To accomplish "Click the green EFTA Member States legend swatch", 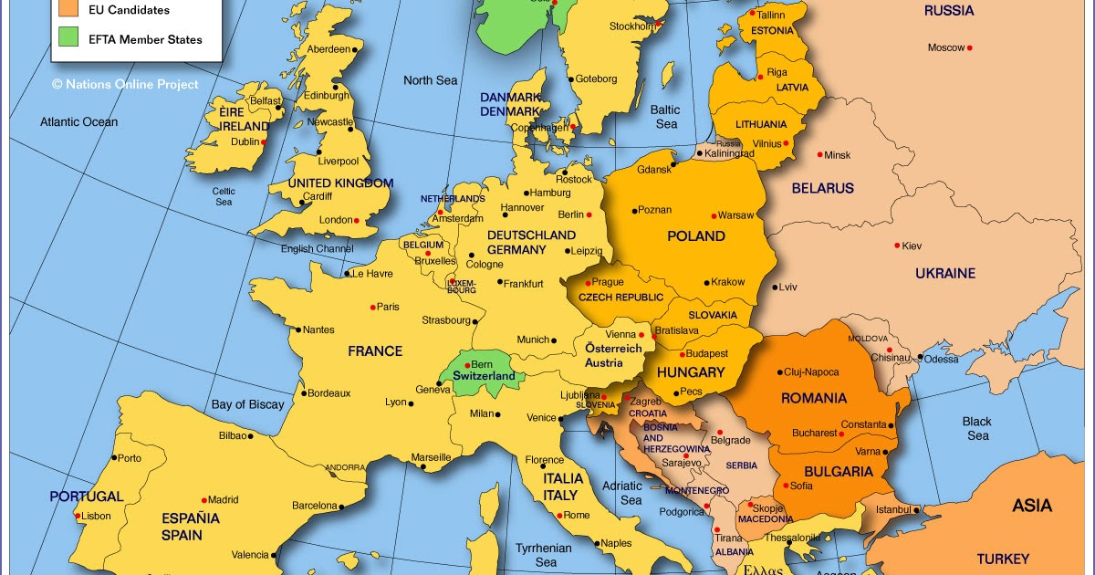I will click(x=68, y=38).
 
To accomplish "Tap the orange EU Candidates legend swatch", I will click(x=68, y=9).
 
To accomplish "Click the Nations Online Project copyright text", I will click(x=125, y=84).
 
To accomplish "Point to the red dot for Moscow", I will click(x=970, y=47).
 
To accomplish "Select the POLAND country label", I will click(x=696, y=236).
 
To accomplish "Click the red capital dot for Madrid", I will click(x=203, y=499).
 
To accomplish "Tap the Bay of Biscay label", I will click(x=247, y=404).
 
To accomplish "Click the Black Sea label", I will click(x=977, y=428).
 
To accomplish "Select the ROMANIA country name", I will click(x=813, y=398).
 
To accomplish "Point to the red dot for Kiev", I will click(x=896, y=246).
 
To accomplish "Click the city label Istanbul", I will click(x=893, y=508).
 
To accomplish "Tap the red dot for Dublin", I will click(x=264, y=141).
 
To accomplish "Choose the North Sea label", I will click(x=430, y=80).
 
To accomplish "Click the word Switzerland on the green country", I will click(x=484, y=376).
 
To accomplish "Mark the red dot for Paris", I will click(x=372, y=307).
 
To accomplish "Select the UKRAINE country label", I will click(x=945, y=273).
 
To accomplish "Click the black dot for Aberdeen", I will click(x=355, y=49).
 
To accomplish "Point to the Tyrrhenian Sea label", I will click(x=545, y=555).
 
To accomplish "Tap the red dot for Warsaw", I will click(x=714, y=215).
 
